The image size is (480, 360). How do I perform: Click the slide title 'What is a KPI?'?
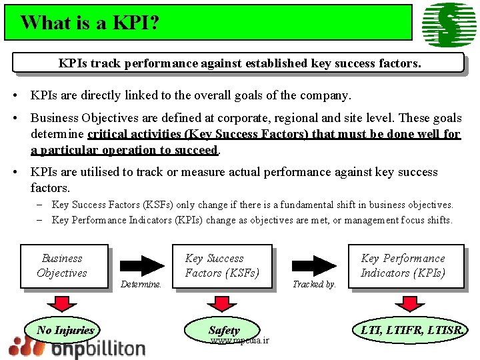click(x=90, y=23)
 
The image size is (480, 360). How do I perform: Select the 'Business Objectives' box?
click(x=63, y=266)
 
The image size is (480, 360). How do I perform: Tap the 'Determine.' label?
click(x=142, y=284)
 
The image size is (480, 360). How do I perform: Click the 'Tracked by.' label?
click(x=315, y=284)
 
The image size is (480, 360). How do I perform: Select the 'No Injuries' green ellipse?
click(x=65, y=330)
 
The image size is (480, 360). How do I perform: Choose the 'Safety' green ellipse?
click(x=224, y=330)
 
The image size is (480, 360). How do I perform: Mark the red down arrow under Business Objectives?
click(x=61, y=303)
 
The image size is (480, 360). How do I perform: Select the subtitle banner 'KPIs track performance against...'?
click(x=239, y=64)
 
